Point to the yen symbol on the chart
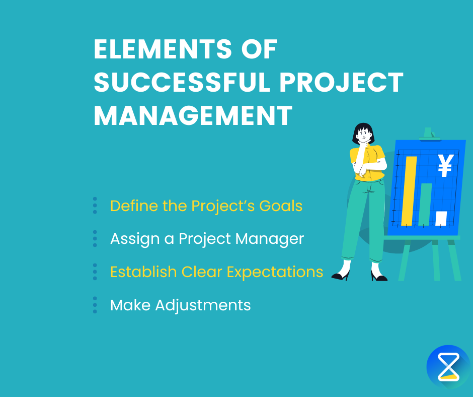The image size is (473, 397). [444, 165]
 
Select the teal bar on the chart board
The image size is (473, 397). [426, 204]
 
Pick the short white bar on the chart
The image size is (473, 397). [441, 218]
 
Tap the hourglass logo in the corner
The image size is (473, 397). [448, 366]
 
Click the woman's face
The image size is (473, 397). [363, 136]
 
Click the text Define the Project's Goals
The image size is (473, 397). [206, 206]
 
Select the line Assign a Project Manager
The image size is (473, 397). [207, 238]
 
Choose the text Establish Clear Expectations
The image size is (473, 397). [216, 272]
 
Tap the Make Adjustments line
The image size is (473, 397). [180, 305]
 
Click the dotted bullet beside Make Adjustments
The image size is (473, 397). [95, 305]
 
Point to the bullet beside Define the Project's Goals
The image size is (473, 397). [95, 206]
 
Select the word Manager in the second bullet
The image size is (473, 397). [274, 239]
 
